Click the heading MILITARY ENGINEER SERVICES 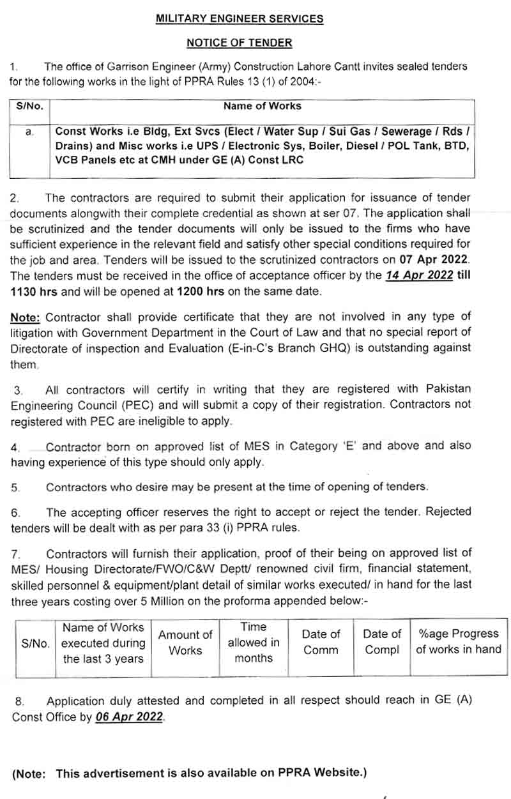[x=240, y=19]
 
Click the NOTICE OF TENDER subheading [x=240, y=43]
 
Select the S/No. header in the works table [x=29, y=107]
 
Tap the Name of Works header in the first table [x=262, y=106]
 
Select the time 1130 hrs [x=33, y=291]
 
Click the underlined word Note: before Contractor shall [x=27, y=317]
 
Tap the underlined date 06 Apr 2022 [x=130, y=717]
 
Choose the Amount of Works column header [x=185, y=643]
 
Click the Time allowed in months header [x=254, y=643]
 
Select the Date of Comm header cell [x=321, y=642]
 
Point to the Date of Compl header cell [x=382, y=642]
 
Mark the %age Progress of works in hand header [x=459, y=642]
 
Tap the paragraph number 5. [x=15, y=487]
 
